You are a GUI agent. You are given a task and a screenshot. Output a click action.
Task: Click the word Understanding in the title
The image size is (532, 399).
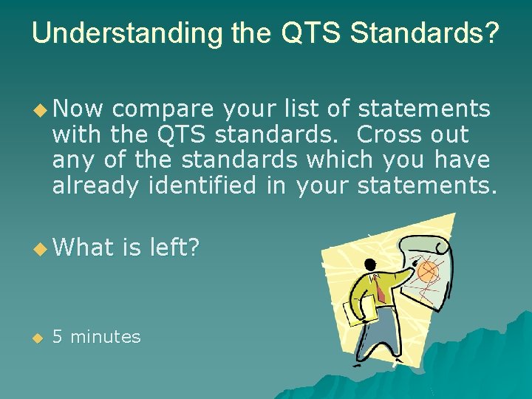[x=118, y=33]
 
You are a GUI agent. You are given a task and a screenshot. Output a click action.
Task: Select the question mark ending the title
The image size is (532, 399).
[x=491, y=33]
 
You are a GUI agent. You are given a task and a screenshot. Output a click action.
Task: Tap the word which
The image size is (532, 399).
[x=343, y=160]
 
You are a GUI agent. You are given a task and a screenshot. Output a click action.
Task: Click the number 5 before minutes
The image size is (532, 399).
[x=58, y=337]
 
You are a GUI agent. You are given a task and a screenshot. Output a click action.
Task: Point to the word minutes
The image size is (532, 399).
[x=105, y=337]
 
